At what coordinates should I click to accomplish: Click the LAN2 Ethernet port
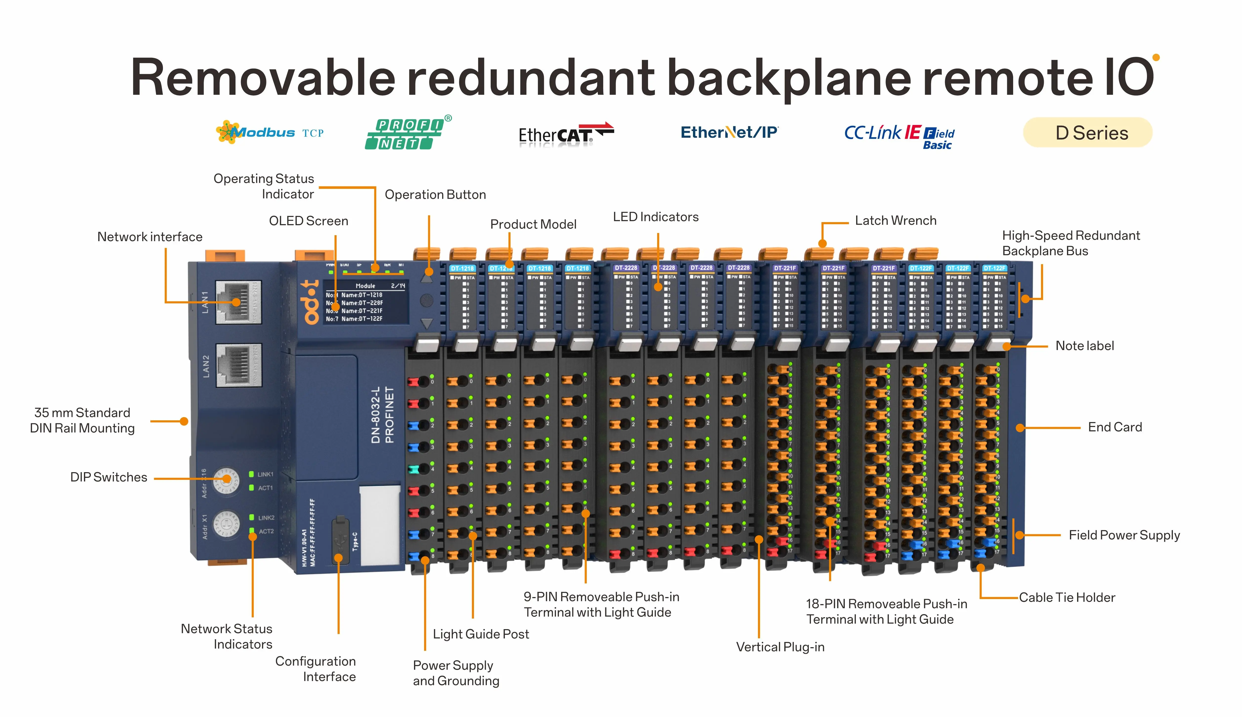(238, 365)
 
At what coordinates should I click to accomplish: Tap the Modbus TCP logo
(270, 133)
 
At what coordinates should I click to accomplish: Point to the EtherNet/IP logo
(729, 133)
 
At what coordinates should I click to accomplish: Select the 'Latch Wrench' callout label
(895, 221)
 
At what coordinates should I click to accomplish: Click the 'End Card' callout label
(1114, 427)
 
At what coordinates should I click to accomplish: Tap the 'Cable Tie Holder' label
(1067, 597)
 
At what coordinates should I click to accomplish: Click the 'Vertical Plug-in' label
(780, 647)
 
